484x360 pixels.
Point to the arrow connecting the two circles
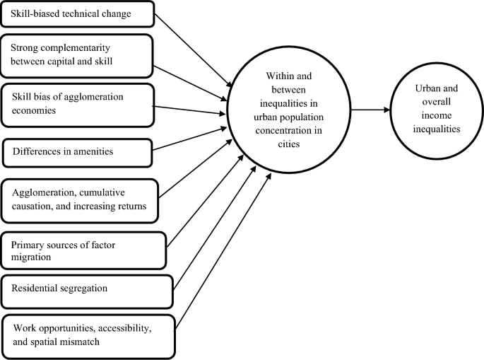[369, 110]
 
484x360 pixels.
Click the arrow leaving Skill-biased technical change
[191, 48]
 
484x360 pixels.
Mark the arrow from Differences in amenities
[191, 139]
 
